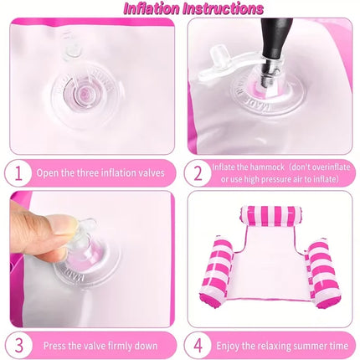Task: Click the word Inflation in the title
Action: (151, 8)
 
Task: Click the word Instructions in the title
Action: (223, 8)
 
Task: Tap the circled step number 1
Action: (18, 173)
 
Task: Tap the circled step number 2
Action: (198, 173)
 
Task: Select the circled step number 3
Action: (18, 346)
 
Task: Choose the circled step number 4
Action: (198, 346)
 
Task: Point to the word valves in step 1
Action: (151, 173)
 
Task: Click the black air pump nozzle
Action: (275, 44)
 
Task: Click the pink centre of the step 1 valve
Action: (85, 92)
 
